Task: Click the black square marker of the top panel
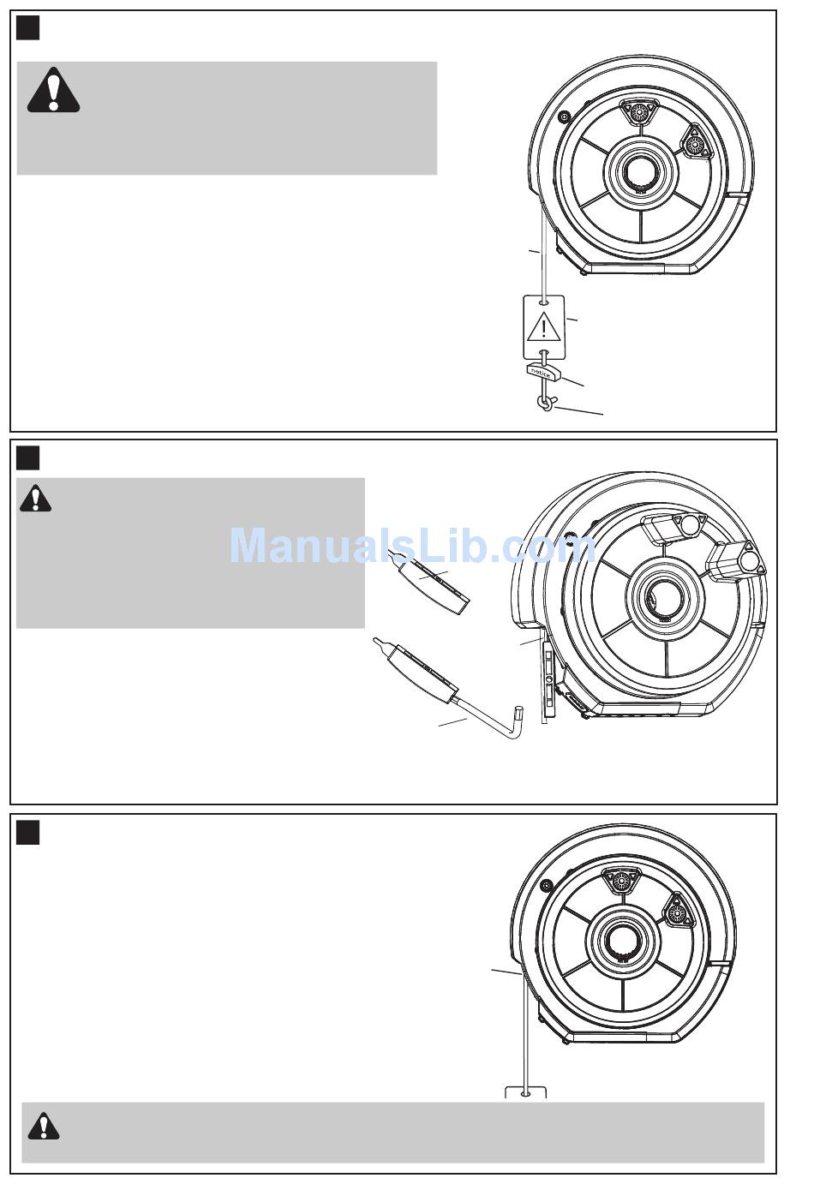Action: click(x=28, y=29)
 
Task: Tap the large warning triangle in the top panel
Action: click(x=53, y=91)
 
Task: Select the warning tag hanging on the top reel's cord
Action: click(x=543, y=327)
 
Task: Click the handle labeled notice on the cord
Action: click(x=541, y=371)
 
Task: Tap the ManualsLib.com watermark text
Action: click(x=411, y=545)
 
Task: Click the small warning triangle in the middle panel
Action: click(x=35, y=499)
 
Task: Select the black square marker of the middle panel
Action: click(x=28, y=458)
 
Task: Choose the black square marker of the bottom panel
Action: click(x=28, y=832)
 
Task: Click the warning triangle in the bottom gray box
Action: click(x=43, y=1127)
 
